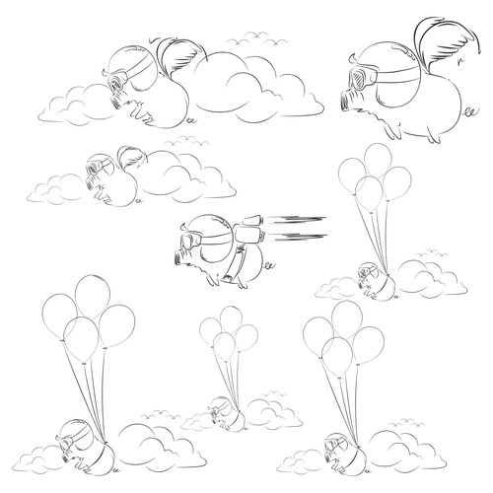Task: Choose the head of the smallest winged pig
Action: point(100,168)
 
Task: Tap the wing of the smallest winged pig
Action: point(132,158)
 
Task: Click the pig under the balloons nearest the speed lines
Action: point(374,280)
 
